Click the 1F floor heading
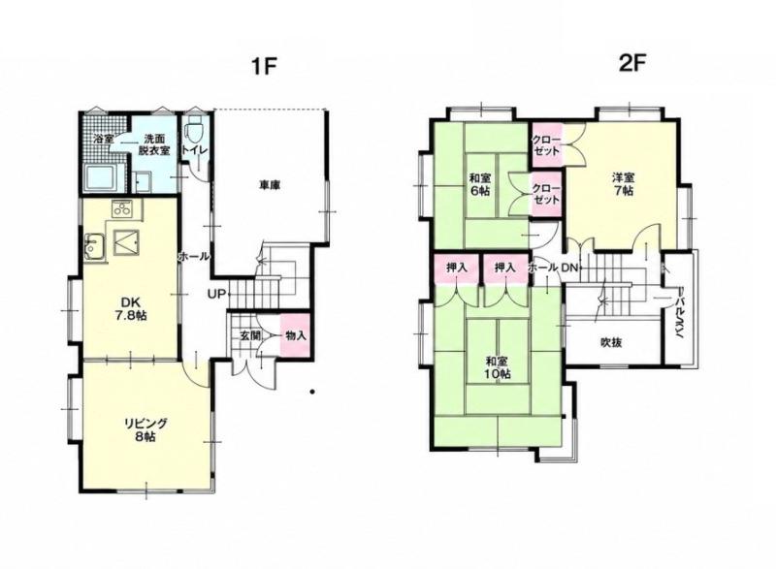(263, 66)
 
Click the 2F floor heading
(632, 63)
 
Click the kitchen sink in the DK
(94, 246)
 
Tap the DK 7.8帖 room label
(128, 308)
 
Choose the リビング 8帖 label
(145, 429)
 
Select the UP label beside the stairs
(216, 294)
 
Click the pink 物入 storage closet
(296, 334)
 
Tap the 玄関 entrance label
(250, 335)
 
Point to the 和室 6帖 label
(479, 184)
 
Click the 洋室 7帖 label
(624, 183)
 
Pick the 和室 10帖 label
(498, 367)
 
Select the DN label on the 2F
(569, 268)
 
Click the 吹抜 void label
(611, 342)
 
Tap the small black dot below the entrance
(312, 393)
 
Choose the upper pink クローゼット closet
(547, 144)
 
